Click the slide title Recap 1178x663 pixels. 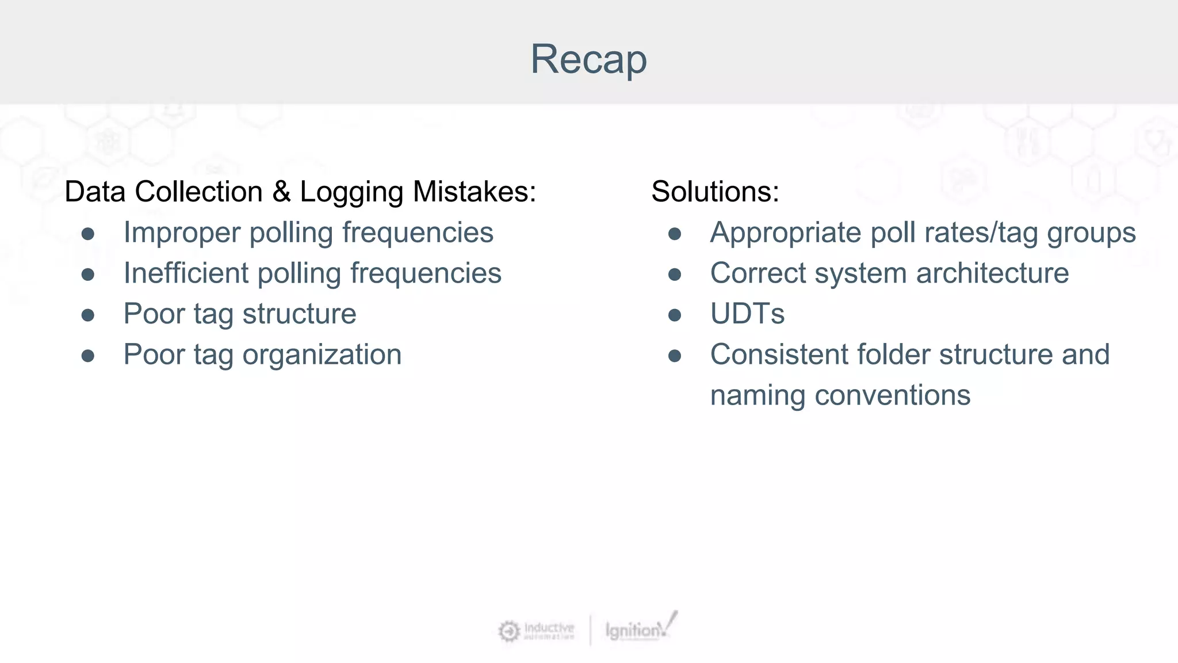(x=588, y=59)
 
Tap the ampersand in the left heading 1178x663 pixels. (x=281, y=192)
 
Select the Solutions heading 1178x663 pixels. (x=715, y=192)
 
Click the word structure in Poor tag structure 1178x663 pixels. (x=299, y=314)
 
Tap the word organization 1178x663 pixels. (x=322, y=355)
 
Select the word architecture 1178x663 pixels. (x=992, y=273)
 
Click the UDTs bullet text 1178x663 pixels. (x=747, y=314)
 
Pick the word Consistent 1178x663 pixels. (x=779, y=355)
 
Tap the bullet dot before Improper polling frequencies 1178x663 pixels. (x=88, y=234)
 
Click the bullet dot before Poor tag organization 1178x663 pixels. (x=88, y=356)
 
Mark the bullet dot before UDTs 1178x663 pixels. (x=675, y=315)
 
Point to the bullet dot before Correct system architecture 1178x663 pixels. (x=675, y=275)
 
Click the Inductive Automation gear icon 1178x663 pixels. (x=508, y=631)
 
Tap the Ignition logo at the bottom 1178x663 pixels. (x=638, y=629)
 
